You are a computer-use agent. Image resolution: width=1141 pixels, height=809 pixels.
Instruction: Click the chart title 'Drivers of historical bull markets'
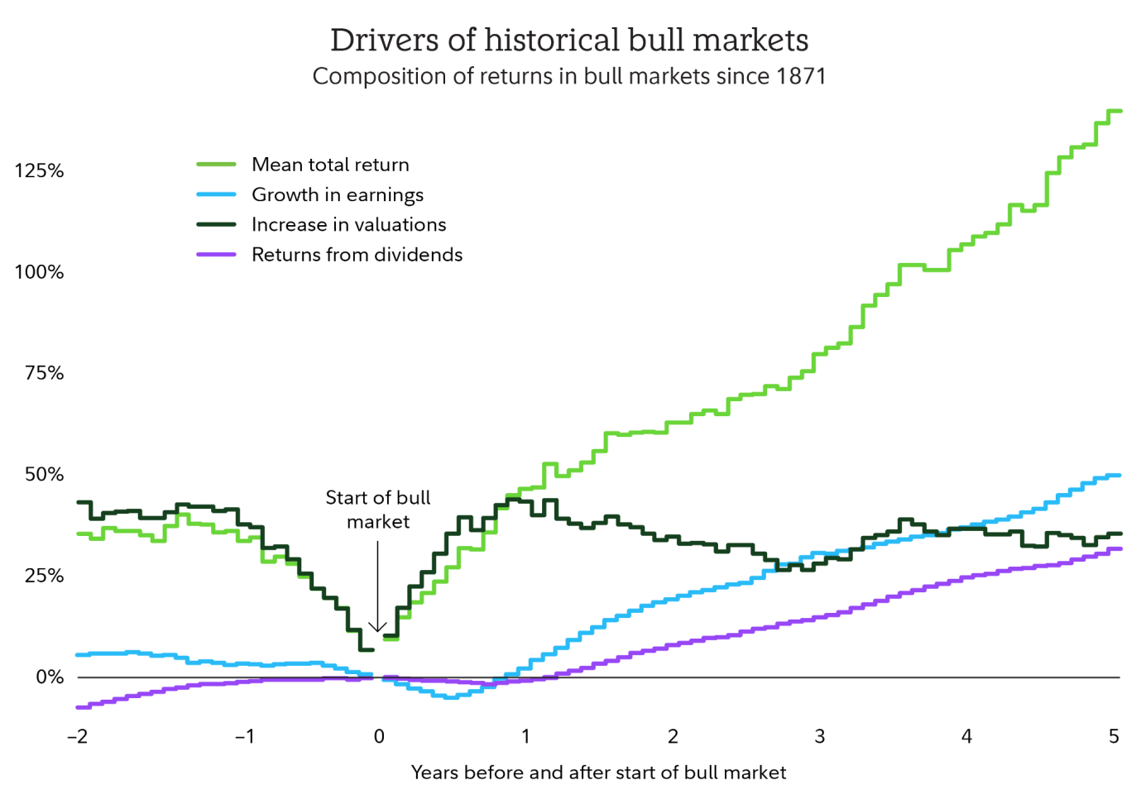point(569,40)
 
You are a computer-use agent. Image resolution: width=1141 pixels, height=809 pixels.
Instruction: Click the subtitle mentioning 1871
point(569,76)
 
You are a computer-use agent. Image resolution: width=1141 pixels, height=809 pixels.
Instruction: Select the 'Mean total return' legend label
point(330,165)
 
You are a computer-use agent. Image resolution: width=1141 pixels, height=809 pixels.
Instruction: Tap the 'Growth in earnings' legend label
point(338,194)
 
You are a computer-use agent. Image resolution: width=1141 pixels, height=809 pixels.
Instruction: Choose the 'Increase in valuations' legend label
point(348,224)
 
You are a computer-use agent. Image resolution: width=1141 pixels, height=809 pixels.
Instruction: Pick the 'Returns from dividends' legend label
point(357,255)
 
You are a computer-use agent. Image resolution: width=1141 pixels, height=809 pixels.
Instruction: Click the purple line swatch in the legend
point(216,255)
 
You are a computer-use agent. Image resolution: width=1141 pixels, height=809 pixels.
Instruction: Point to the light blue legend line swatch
point(216,194)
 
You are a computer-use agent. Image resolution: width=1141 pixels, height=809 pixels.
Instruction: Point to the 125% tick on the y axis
point(39,171)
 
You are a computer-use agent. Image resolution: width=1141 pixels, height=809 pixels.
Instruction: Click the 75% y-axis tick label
point(44,373)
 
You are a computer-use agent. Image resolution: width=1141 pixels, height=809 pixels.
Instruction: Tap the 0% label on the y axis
point(50,677)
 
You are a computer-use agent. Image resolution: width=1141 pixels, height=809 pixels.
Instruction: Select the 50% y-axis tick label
point(44,475)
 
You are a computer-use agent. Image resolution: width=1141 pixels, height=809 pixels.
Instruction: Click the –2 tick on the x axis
point(77,737)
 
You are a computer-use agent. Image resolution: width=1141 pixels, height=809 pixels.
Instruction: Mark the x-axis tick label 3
point(820,737)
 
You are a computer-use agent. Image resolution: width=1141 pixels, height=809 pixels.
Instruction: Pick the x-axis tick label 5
point(1114,737)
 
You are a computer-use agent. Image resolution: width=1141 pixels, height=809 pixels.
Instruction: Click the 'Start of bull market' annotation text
point(378,510)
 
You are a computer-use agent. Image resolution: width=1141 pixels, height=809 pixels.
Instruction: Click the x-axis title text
point(598,773)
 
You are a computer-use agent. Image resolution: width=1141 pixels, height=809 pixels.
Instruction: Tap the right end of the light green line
point(1119,111)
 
